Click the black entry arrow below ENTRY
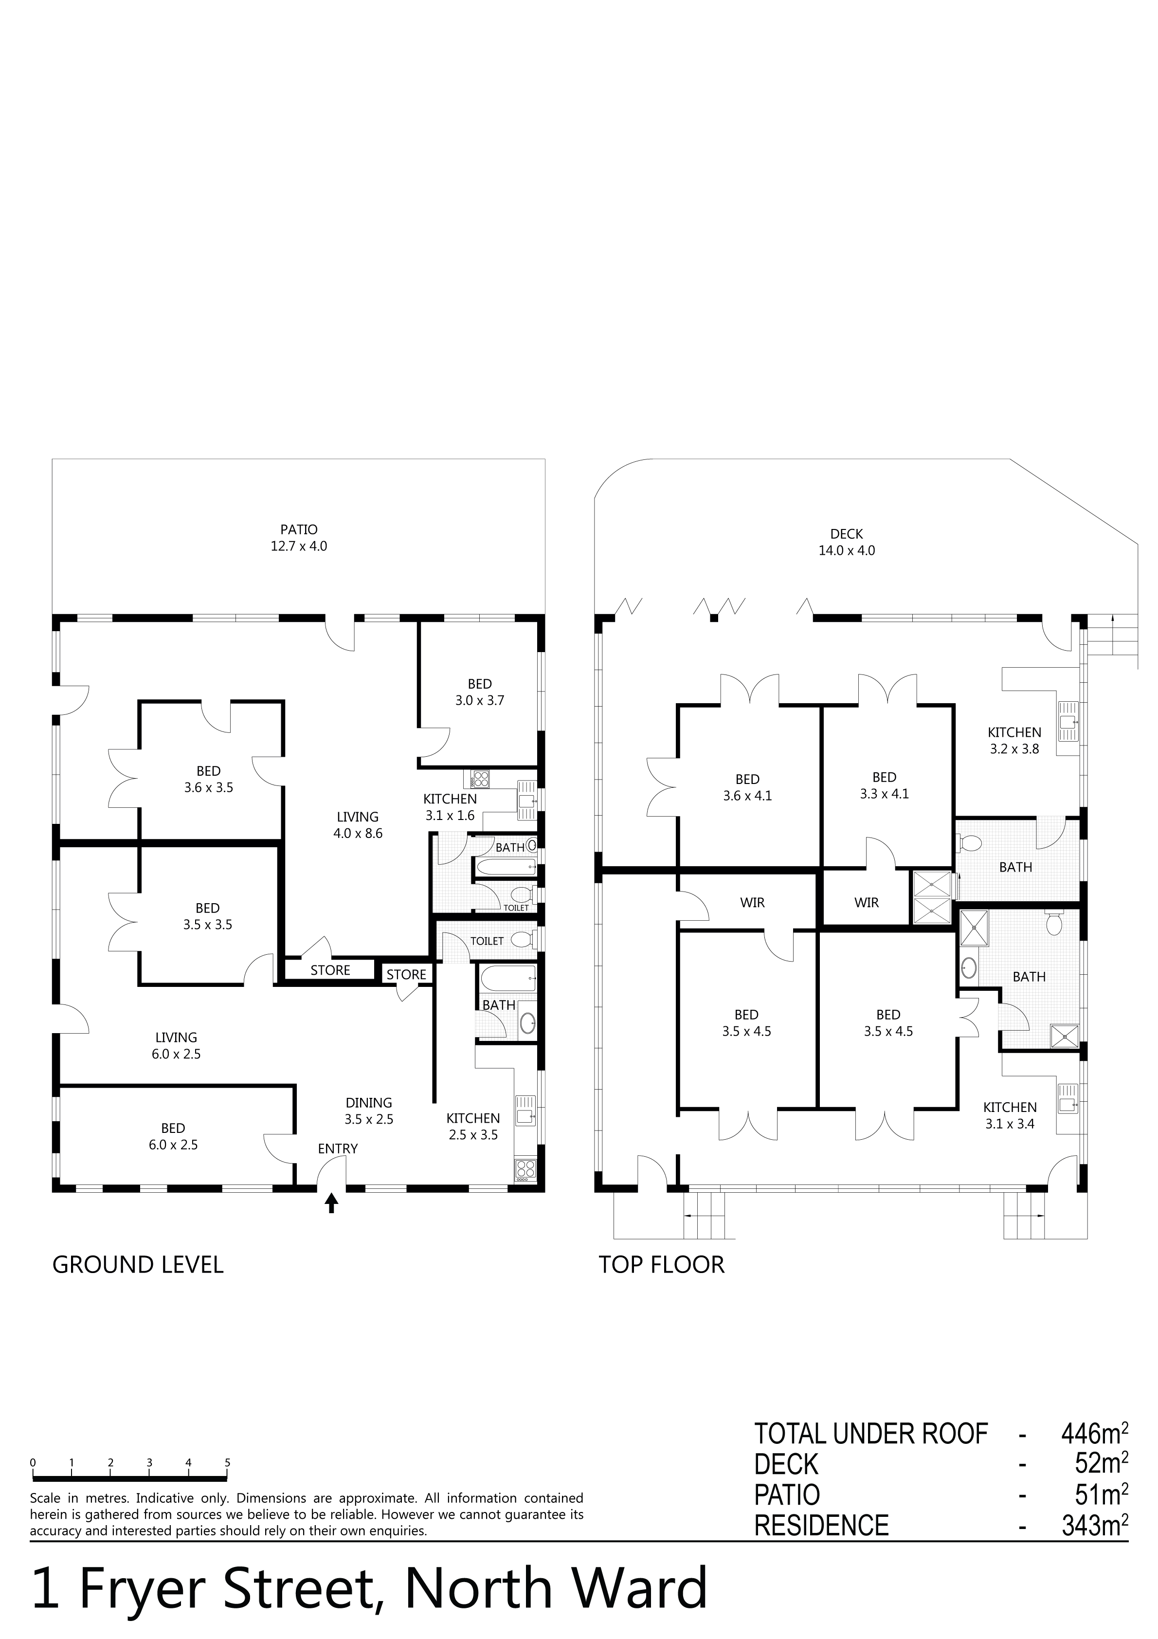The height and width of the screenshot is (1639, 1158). tap(331, 1204)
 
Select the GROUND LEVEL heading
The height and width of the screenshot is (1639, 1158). tap(138, 1265)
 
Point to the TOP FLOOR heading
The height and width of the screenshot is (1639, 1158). tap(661, 1265)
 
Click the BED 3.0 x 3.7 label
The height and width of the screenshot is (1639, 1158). tap(480, 692)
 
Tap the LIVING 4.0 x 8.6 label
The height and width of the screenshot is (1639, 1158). tap(358, 824)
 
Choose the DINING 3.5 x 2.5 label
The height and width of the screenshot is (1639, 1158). tap(369, 1111)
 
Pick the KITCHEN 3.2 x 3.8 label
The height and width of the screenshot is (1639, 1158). tap(1014, 740)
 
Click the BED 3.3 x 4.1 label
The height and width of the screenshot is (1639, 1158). tap(885, 785)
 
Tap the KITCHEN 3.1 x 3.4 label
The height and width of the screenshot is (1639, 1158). tap(1010, 1115)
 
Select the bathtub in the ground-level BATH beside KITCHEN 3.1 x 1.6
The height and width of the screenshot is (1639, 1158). tap(505, 867)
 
